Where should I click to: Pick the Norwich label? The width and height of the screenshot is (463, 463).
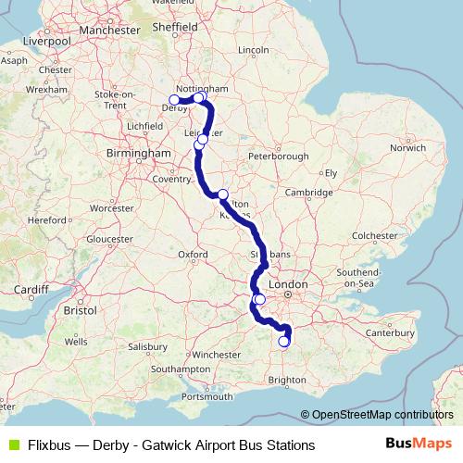pos(407,147)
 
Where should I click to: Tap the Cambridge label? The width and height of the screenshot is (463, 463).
pos(308,192)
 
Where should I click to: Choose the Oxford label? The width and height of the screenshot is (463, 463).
pos(193,253)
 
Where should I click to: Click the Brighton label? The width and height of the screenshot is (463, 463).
pos(285,380)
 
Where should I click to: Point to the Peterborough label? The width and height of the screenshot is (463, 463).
pos(278,156)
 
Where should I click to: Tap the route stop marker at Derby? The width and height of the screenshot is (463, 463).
pos(174,100)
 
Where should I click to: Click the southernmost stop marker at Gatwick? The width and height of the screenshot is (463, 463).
pos(284,342)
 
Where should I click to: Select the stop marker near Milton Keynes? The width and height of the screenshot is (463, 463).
pos(223,194)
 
